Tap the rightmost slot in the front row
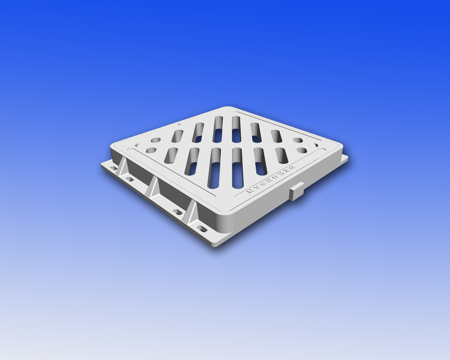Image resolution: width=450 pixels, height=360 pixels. click(283, 155)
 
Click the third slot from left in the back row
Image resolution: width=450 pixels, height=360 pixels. click(218, 128)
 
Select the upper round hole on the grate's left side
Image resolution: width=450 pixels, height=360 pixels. click(156, 140)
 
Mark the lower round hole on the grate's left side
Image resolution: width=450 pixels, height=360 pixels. click(152, 150)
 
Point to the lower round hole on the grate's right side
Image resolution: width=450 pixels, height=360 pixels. click(301, 149)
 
